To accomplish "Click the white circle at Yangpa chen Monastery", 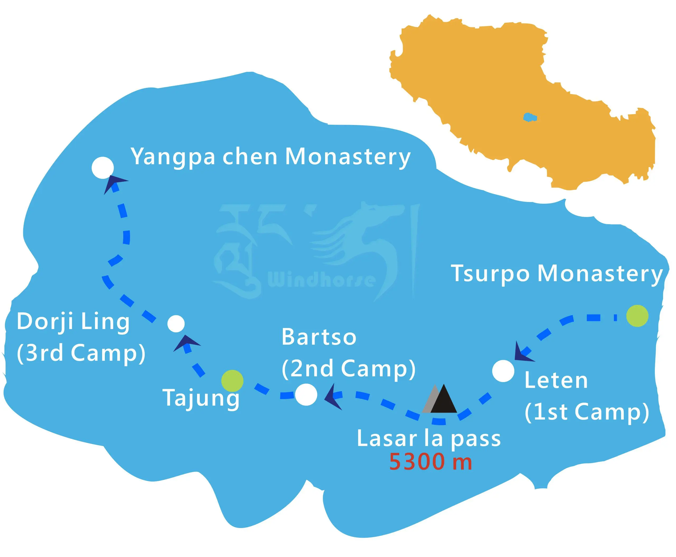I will coord(102,168).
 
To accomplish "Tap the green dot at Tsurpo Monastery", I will coord(637,316).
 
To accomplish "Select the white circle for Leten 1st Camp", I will coord(503,371).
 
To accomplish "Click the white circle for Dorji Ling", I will coord(176,324).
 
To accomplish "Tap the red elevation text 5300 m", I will coord(430,462).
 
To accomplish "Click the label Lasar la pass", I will coord(429,438).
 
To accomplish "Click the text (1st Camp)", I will coord(587,412).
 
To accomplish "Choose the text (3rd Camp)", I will coord(81,353).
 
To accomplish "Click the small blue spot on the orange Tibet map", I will coord(529,117).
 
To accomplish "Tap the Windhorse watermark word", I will coord(321,280).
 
